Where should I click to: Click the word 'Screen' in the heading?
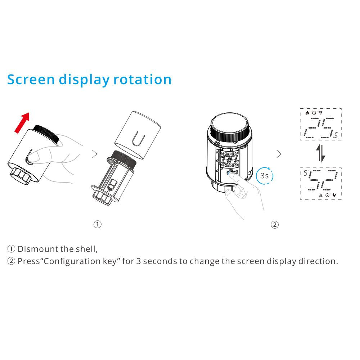[x=31, y=80]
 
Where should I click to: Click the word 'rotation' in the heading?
[x=142, y=80]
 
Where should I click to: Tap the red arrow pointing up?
[x=22, y=122]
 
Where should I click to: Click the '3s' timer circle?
[x=265, y=176]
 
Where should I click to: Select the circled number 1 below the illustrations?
[x=98, y=224]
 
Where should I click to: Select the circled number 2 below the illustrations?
[x=275, y=225]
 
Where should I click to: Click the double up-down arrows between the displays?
[x=321, y=153]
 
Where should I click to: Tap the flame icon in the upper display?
[x=307, y=112]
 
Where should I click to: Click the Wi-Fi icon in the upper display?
[x=321, y=112]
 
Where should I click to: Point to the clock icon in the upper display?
[x=314, y=113]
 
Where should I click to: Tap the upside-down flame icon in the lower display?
[x=334, y=195]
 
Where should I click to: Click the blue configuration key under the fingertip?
[x=230, y=173]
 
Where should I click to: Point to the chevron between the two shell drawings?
[x=95, y=154]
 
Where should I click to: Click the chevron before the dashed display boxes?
[x=279, y=154]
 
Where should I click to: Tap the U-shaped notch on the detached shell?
[x=139, y=138]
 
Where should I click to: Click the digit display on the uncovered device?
[x=229, y=159]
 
